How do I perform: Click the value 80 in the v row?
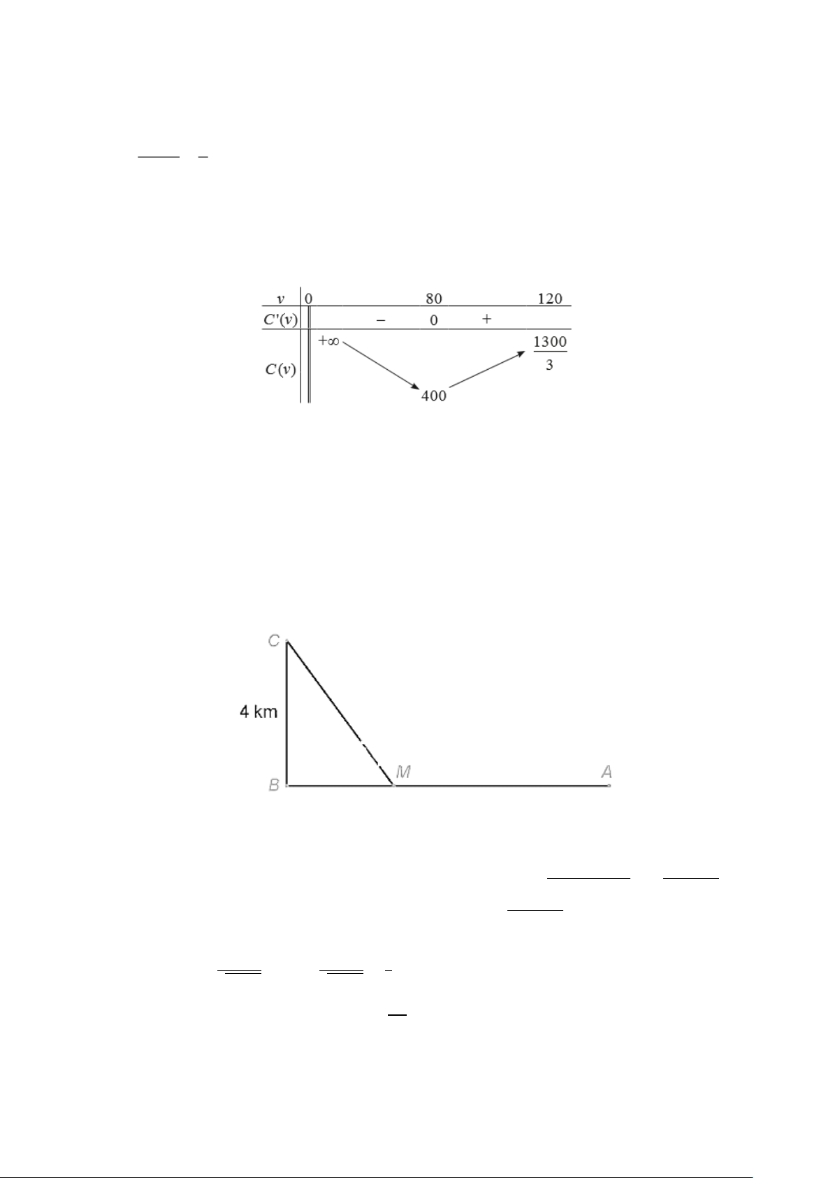[433, 299]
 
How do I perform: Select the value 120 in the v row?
[550, 299]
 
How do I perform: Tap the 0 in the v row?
[308, 299]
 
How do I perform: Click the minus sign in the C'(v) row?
[381, 319]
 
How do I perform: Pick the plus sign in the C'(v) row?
[486, 319]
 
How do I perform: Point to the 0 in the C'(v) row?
[433, 319]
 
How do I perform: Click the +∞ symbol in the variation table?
[328, 341]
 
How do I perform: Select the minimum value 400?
[434, 396]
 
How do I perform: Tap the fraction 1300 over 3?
[550, 353]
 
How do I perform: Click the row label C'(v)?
[281, 319]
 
